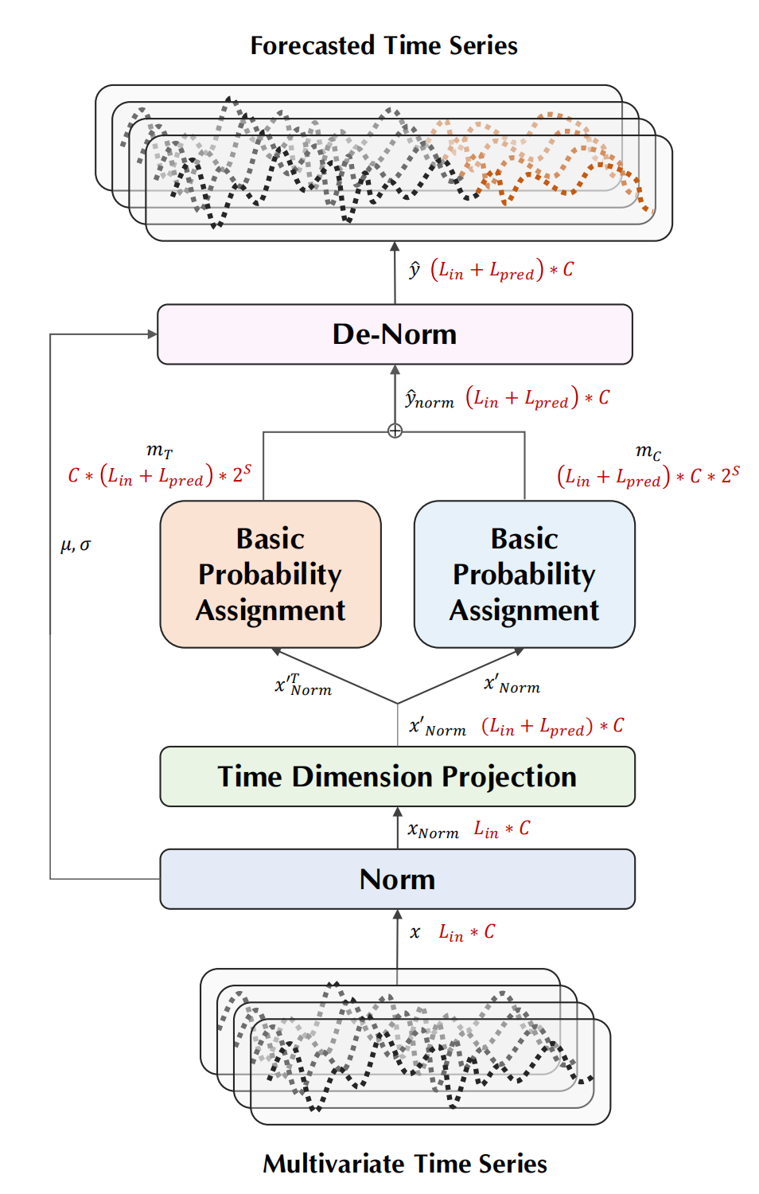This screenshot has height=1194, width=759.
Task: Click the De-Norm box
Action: click(395, 334)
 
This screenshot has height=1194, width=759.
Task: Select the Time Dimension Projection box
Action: click(397, 776)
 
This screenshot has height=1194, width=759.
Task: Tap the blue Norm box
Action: click(397, 879)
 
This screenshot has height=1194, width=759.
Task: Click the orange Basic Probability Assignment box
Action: click(271, 574)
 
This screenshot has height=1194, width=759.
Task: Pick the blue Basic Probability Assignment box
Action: click(524, 574)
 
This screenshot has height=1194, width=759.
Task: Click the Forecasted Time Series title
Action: click(383, 45)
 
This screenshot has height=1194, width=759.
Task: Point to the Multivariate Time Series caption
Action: click(405, 1164)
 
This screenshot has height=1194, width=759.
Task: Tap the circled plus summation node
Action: click(395, 431)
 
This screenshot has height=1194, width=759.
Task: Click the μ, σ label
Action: click(76, 545)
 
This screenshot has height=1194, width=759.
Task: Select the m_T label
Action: click(159, 451)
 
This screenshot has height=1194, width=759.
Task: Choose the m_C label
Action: click(648, 452)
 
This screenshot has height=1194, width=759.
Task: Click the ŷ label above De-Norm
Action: click(415, 270)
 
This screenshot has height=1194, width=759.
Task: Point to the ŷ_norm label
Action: click(430, 399)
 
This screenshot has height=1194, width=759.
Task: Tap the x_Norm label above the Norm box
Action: click(434, 829)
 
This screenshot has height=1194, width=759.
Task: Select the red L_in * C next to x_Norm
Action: click(501, 829)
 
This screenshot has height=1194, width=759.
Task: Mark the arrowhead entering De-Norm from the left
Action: click(152, 334)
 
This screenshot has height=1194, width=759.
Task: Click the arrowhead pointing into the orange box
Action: click(276, 651)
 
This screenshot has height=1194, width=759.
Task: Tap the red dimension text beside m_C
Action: click(648, 477)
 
